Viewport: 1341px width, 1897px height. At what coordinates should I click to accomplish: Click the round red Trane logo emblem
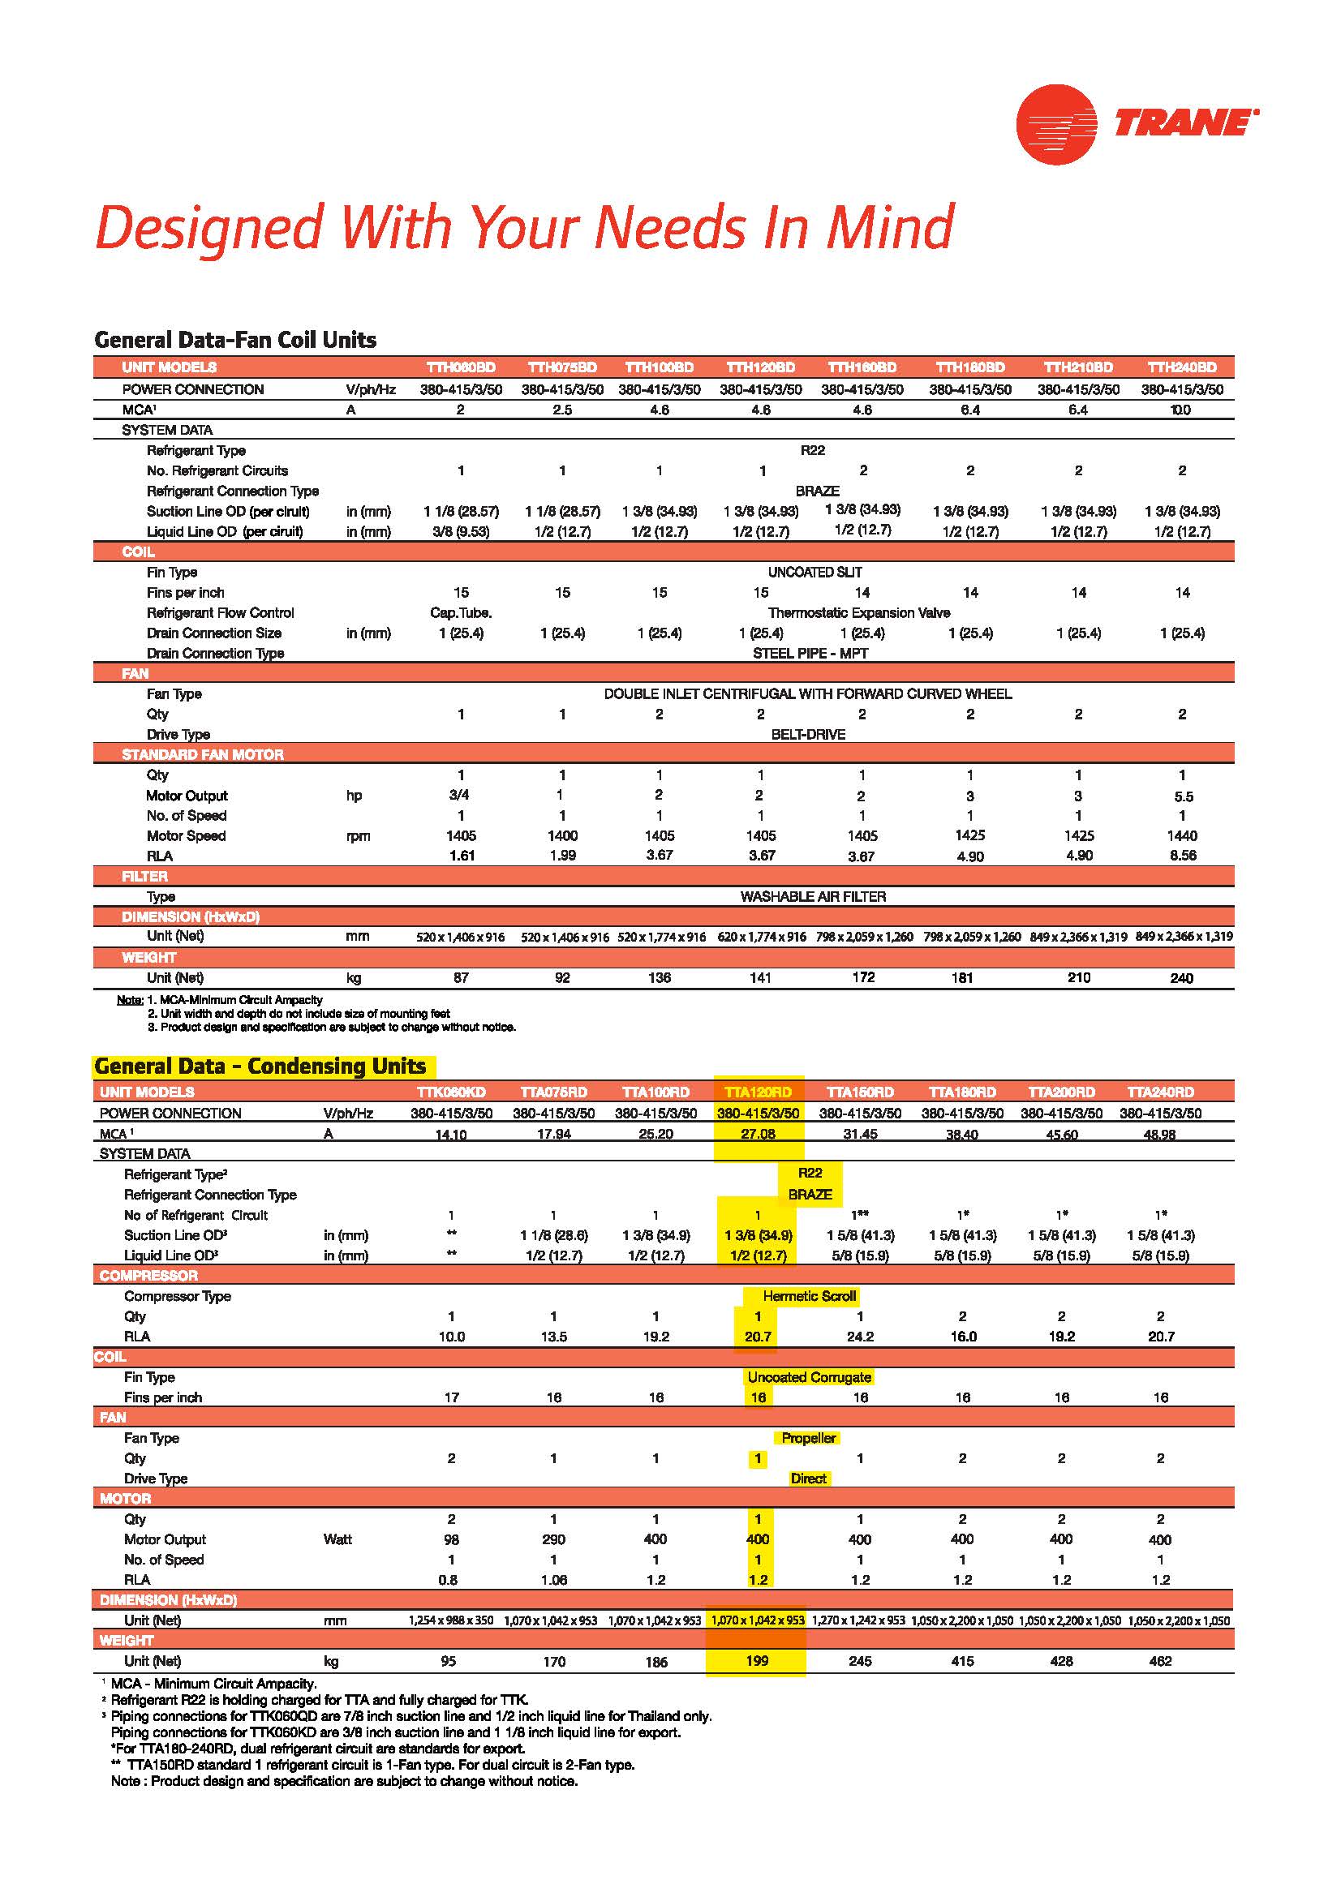coord(1056,124)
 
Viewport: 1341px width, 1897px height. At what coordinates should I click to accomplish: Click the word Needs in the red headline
coord(669,227)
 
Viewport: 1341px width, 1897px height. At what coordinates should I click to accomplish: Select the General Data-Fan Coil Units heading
coord(235,340)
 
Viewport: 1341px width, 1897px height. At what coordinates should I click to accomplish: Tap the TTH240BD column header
coord(1181,367)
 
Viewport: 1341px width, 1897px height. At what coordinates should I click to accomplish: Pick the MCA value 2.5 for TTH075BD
coord(562,410)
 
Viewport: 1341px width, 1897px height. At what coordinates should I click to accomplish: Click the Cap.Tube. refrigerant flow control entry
coord(461,612)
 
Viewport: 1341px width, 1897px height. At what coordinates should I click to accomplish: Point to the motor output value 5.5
coord(1183,796)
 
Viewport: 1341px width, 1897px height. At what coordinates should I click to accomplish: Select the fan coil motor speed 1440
coord(1182,835)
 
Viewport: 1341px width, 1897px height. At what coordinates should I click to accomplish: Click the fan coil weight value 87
coord(461,977)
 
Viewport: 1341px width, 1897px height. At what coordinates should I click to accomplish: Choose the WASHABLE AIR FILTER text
coord(813,896)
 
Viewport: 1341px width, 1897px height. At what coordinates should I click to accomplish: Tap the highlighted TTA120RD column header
coord(758,1092)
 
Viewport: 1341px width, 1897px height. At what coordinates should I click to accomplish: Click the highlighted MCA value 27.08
coord(758,1134)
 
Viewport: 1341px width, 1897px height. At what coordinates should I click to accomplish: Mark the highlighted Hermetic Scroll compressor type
coord(809,1295)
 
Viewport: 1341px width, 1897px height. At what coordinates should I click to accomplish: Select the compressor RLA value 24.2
coord(860,1336)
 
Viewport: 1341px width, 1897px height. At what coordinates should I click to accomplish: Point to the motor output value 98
coord(451,1539)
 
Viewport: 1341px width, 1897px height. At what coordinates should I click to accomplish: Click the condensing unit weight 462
coord(1160,1661)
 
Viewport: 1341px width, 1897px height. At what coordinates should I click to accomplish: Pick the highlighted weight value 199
coord(757,1661)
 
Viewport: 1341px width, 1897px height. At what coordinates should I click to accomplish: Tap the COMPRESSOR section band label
coord(148,1276)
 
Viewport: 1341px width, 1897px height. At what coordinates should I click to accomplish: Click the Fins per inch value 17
coord(451,1397)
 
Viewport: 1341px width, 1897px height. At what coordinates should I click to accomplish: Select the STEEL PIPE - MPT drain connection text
coord(810,653)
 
